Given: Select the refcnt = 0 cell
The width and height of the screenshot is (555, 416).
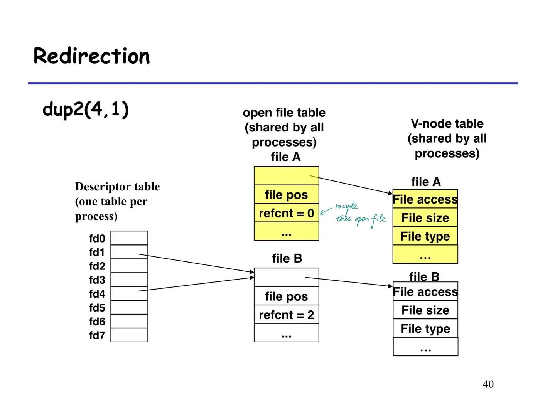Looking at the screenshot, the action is (x=287, y=213).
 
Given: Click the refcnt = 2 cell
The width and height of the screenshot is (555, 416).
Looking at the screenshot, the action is (x=287, y=314).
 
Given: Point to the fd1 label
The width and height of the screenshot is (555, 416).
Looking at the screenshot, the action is (x=96, y=252).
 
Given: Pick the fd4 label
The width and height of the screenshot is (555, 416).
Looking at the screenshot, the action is (x=97, y=294).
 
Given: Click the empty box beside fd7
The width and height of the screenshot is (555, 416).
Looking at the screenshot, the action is (x=129, y=335).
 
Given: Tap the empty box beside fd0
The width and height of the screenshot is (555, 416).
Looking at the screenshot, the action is (x=129, y=238).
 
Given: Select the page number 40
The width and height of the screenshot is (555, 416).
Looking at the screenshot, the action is (x=488, y=384).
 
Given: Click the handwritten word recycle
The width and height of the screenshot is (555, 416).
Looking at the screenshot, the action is (x=346, y=206).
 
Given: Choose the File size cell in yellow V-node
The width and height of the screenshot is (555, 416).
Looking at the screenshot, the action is (x=425, y=217).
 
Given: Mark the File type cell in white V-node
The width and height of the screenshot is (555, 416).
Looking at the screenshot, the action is (x=425, y=328).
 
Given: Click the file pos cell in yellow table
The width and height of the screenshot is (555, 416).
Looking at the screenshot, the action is (x=287, y=194).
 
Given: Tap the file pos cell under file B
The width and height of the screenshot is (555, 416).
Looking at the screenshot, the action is (x=287, y=296).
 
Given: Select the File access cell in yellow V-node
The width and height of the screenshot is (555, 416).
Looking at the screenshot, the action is (x=425, y=199).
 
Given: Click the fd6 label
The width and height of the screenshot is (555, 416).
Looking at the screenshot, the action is (x=97, y=322).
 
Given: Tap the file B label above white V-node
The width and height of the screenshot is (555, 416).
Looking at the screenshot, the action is (x=424, y=276).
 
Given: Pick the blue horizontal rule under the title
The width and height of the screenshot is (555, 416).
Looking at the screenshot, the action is (x=273, y=83).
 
